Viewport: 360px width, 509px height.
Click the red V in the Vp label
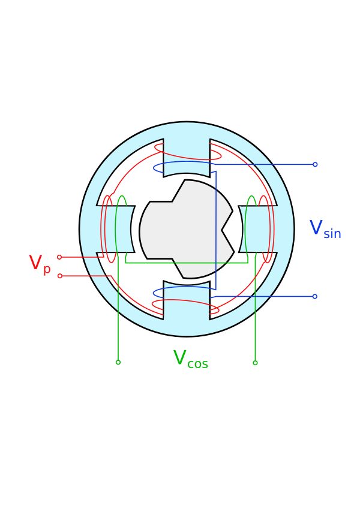point(35,262)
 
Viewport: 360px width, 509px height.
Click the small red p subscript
point(47,270)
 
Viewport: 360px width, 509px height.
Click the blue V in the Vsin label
point(316,227)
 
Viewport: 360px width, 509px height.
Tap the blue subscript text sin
point(332,234)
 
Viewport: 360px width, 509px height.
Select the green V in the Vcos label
point(179,357)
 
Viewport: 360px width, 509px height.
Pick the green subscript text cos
point(197,364)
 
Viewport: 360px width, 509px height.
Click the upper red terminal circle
point(59,257)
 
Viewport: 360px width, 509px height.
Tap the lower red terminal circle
point(60,276)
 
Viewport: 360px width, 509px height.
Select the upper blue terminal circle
point(315,165)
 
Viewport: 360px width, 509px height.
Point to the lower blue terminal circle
point(314,296)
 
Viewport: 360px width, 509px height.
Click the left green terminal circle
point(118,362)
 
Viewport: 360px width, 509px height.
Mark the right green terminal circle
point(255,363)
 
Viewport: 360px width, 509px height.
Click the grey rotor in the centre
point(182,229)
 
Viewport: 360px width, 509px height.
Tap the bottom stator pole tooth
point(187,300)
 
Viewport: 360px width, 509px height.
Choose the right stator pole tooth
point(257,229)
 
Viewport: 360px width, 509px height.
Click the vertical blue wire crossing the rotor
point(216,230)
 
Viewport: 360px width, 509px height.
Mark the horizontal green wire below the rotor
point(187,263)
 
